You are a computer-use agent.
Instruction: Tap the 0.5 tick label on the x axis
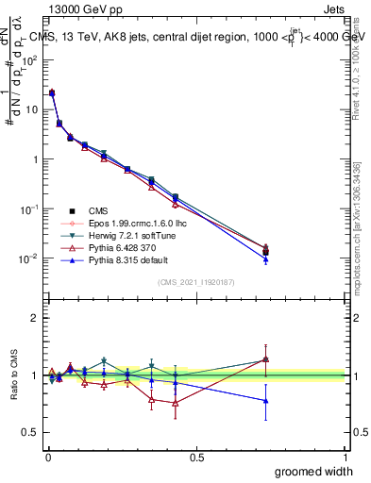pyautogui.click(x=196, y=458)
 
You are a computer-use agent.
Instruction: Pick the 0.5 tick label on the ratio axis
pyautogui.click(x=29, y=434)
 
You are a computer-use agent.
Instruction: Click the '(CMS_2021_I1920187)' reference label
pyautogui.click(x=195, y=282)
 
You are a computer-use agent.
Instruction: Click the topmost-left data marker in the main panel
pyautogui.click(x=52, y=92)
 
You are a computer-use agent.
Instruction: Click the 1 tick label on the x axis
pyautogui.click(x=345, y=458)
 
